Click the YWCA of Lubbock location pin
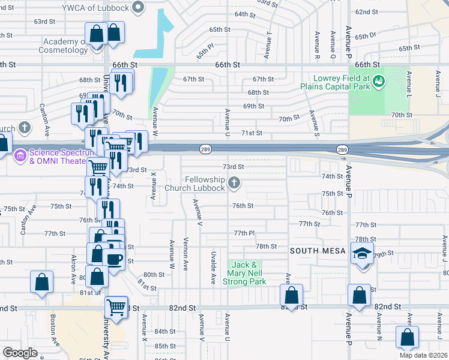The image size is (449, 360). pos(139,8)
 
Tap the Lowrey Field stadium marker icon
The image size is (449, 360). pos(379,80)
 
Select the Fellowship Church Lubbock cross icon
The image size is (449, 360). pos(234,182)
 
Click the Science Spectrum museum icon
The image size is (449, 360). pos(19,155)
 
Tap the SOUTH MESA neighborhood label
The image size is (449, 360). pos(316,250)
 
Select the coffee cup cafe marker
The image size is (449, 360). pos(113,259)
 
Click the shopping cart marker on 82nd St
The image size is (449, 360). pos(116,307)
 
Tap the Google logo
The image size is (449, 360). pos(20,353)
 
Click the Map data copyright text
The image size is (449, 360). pos(423,355)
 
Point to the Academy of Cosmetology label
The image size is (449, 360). pos(65,46)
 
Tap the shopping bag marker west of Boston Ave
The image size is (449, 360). pos(41,283)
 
